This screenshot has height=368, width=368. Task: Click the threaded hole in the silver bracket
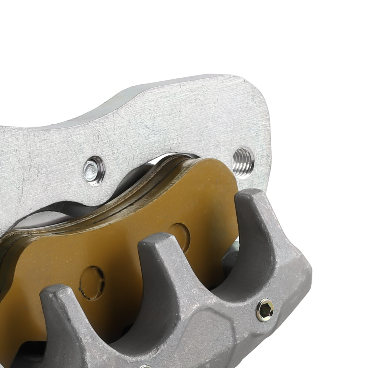[x=243, y=162]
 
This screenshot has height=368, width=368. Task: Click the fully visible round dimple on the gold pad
[x=92, y=282]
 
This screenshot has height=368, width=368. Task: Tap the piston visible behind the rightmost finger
[x=230, y=258]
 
